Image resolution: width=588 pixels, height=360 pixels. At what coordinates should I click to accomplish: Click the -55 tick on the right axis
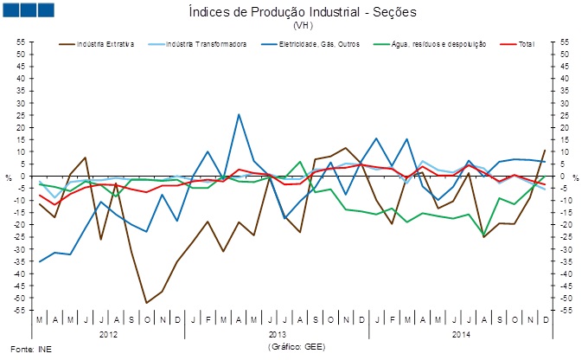[566, 310]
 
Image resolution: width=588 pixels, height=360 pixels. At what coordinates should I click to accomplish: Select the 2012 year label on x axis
[108, 332]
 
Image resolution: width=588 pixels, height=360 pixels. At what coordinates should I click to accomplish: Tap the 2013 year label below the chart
[277, 332]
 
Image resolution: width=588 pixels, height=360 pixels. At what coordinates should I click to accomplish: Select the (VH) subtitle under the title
[293, 26]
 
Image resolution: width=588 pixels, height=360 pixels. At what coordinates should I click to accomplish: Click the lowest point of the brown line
[147, 303]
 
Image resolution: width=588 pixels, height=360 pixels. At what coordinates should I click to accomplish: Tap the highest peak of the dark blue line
[239, 114]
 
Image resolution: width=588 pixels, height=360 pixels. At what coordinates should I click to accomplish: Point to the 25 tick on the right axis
[566, 115]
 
